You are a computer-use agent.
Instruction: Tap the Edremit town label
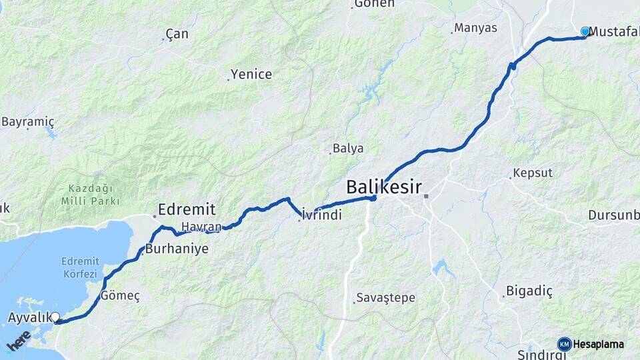point(187,209)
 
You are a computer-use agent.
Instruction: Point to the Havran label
point(201,227)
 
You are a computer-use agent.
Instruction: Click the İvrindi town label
point(322,215)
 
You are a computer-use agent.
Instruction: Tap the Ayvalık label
point(30,317)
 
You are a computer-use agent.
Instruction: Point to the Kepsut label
point(533,173)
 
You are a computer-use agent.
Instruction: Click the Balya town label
point(349,148)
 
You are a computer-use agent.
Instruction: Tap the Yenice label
point(251,74)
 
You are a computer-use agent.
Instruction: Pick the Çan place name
point(177,34)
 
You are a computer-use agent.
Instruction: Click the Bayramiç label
point(28,122)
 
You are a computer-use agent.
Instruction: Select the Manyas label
point(476,28)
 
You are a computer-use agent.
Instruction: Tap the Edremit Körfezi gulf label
point(79,267)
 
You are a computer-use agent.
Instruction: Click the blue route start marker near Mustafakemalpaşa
point(585,31)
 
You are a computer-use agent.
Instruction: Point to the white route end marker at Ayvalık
point(56,317)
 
